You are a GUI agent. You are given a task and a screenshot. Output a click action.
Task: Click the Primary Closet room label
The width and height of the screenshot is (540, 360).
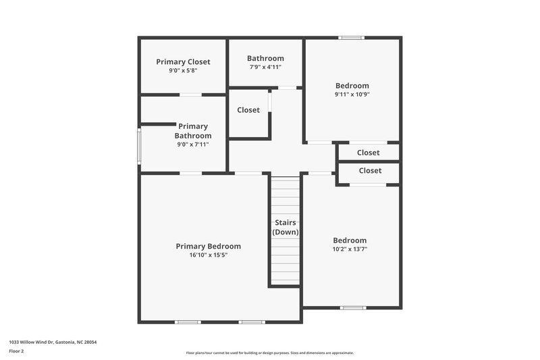tap(183, 61)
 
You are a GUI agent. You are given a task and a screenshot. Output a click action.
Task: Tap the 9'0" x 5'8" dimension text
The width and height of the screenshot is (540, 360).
tap(183, 70)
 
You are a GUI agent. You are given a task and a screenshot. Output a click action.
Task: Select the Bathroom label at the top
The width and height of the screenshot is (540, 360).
tap(265, 58)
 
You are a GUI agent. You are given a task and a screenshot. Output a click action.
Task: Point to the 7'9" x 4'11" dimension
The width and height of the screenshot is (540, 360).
tap(265, 67)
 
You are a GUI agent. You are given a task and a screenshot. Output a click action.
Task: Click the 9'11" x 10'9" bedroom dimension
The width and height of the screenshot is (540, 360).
tap(352, 95)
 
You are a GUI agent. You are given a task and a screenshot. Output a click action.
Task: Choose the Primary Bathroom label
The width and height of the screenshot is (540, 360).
tap(193, 131)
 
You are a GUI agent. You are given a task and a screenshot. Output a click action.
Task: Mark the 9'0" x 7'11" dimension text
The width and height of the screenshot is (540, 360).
tap(193, 144)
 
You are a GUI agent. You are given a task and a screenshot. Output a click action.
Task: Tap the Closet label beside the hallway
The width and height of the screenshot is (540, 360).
tap(248, 110)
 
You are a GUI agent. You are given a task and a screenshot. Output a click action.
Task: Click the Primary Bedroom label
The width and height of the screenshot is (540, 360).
tap(208, 246)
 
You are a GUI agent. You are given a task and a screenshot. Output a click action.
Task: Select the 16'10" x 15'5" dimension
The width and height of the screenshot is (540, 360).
tap(208, 255)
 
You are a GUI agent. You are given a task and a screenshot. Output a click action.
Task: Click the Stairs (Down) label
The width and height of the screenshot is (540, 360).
tap(286, 227)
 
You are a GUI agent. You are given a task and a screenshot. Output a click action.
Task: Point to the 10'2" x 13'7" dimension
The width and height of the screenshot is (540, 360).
tap(350, 249)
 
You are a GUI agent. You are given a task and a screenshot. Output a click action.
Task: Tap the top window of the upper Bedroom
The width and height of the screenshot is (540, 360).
tap(352, 38)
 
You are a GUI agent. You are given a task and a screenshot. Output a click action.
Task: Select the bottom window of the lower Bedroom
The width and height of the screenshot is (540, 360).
tap(352, 308)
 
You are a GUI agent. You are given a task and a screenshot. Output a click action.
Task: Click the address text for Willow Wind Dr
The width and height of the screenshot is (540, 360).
tap(53, 342)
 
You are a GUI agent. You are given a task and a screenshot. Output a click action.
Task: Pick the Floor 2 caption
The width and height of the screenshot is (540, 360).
tap(17, 351)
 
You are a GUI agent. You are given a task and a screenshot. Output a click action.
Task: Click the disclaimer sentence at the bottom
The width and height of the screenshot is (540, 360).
tap(270, 353)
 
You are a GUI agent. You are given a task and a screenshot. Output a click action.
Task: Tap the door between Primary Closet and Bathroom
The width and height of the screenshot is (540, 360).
tap(190, 95)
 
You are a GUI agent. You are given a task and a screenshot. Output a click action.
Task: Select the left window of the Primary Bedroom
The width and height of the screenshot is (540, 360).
tap(187, 322)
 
